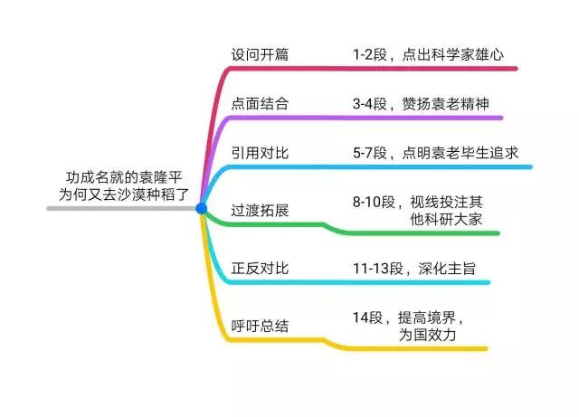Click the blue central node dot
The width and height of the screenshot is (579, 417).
coord(201,209)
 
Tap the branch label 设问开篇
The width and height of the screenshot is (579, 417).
coord(260,54)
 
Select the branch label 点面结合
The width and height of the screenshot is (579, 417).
coord(260,103)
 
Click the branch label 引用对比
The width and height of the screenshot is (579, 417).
coord(260,153)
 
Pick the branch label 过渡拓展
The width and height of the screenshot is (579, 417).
coord(260,210)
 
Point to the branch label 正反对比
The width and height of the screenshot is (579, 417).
coord(260,269)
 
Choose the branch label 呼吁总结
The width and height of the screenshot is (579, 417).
coord(260,326)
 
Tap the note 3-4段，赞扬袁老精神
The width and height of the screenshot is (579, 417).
coord(421,103)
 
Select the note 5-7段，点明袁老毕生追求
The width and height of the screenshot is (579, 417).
coord(435,153)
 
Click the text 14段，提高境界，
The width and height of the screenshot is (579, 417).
coord(409,317)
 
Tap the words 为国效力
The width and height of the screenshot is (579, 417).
coord(427,335)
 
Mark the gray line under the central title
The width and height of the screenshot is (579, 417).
coord(118,209)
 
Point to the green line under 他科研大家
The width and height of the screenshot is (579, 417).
coord(416,233)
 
